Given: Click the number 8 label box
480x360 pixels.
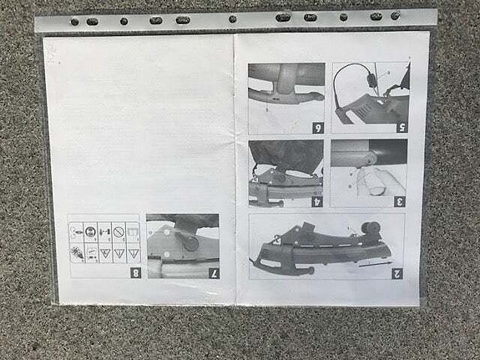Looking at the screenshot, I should pyautogui.click(x=135, y=271).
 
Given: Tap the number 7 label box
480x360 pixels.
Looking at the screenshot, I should pyautogui.click(x=213, y=271).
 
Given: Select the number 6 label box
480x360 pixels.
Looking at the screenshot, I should pyautogui.click(x=317, y=127).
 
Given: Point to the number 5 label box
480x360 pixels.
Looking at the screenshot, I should pyautogui.click(x=401, y=127).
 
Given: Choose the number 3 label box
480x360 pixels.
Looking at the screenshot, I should pyautogui.click(x=400, y=200).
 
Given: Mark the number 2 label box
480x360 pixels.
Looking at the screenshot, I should pyautogui.click(x=397, y=272).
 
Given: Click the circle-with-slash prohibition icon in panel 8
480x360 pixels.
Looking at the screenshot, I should pyautogui.click(x=118, y=231).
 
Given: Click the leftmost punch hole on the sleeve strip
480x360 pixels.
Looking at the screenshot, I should pyautogui.click(x=75, y=22).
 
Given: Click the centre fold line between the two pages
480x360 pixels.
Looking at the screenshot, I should pyautogui.click(x=234, y=167).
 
